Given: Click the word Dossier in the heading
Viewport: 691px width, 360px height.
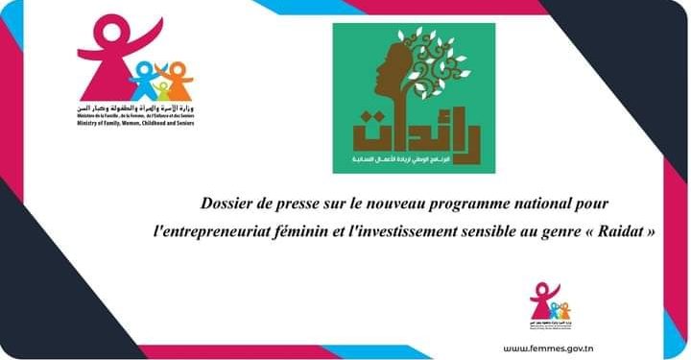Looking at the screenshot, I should [x=228, y=204].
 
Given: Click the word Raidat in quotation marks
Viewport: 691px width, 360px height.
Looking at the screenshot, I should [x=626, y=232].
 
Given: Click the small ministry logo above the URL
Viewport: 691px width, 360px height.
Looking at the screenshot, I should [x=548, y=304].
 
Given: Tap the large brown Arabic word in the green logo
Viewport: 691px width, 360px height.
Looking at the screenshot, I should [x=413, y=131].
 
